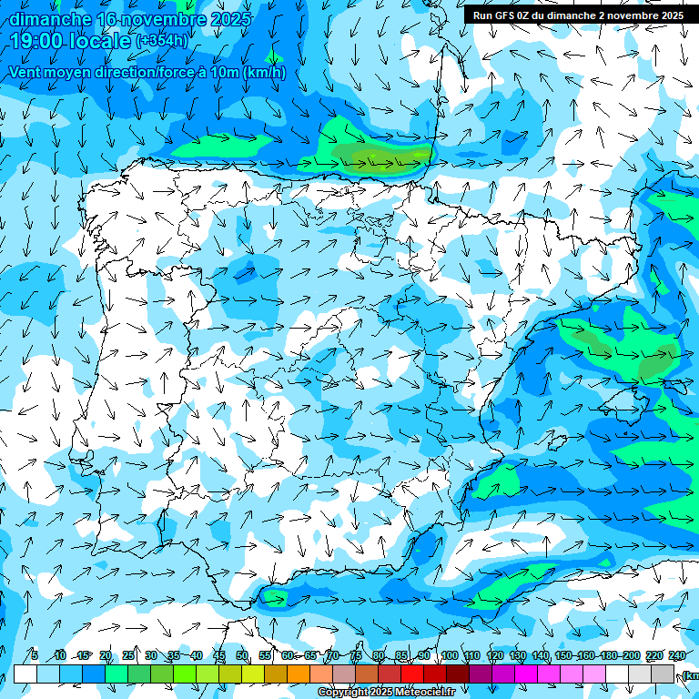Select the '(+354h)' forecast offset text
163,41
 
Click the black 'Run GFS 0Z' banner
578,15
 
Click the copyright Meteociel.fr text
386,693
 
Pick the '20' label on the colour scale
106,655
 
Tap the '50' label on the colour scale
242,655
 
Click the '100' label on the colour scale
449,655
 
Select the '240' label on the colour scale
676,655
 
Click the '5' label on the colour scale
34,655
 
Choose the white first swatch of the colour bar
25,674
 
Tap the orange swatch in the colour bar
299,674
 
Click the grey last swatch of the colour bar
663,674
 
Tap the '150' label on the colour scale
563,655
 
